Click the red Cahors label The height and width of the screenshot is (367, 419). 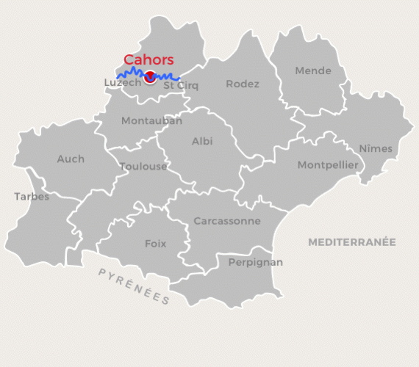coord(148,59)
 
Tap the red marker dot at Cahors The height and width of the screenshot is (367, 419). coord(150,76)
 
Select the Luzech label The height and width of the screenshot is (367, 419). coord(122,83)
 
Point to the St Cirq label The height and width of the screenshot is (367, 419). coord(181,85)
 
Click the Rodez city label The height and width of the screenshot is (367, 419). coord(243,84)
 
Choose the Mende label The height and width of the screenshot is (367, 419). coord(312,71)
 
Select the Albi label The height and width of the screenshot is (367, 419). coord(202,141)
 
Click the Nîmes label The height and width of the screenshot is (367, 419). coord(376,149)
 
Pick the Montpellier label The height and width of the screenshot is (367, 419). coord(328,165)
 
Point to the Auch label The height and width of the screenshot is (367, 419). coord(71,159)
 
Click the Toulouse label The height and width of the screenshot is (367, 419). coord(143,167)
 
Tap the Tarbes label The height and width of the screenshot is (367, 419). coord(32,197)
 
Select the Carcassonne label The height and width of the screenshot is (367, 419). coord(227,220)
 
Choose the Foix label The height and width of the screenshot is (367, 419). coord(155,244)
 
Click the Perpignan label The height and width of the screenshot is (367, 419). coord(255,262)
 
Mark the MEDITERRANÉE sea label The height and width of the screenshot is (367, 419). coord(351,241)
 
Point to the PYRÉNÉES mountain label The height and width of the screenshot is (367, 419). coord(134,286)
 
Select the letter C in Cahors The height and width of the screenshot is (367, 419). coord(129,59)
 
